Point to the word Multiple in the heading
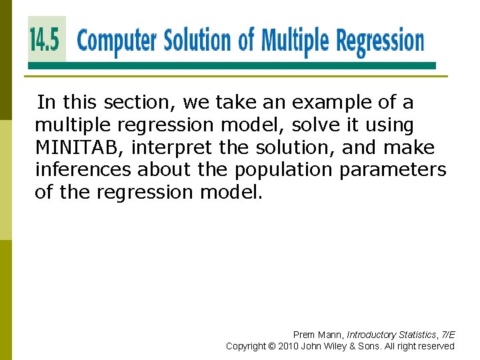point(293,41)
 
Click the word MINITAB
point(79,147)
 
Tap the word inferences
point(83,170)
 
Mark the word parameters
point(393,170)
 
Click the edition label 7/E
point(447,335)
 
